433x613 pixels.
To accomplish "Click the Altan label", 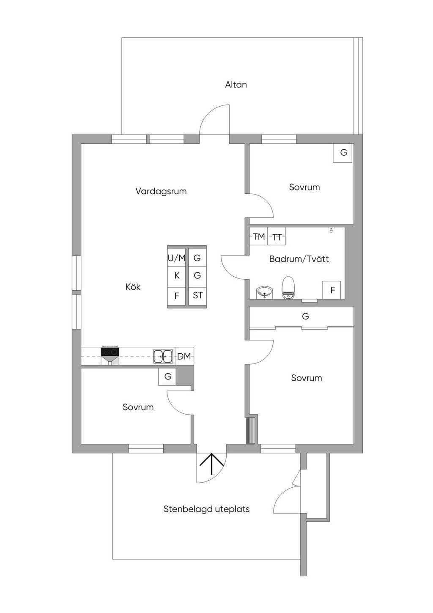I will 236,85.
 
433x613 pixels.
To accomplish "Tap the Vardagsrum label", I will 161,191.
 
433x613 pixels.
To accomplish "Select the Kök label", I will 133,287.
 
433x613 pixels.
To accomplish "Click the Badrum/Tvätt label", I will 299,259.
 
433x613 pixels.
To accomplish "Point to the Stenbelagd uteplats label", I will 206,509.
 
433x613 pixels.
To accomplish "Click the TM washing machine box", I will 258,236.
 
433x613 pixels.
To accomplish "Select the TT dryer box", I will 277,237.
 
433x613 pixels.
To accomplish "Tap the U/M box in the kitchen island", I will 177,258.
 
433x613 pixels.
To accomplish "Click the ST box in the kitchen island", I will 197,295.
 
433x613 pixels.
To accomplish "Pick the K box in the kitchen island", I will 177,276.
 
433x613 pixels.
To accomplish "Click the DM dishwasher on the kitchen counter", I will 184,357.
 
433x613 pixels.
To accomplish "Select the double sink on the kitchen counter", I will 163,357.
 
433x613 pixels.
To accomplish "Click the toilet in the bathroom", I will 288,288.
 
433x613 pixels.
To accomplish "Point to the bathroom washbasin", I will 265,292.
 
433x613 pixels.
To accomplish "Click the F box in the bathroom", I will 332,290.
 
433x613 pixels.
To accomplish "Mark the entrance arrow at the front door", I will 211,465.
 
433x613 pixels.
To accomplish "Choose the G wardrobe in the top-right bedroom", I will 343,153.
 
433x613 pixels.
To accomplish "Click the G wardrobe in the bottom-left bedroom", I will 167,377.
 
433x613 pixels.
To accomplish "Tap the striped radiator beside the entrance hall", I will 251,431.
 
